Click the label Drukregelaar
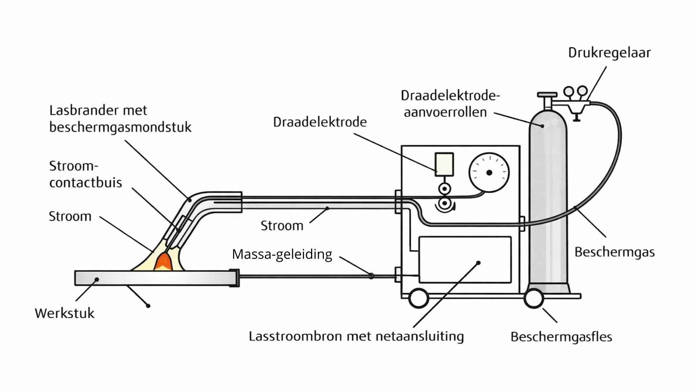click(609, 53)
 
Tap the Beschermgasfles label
click(561, 337)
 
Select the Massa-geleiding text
click(282, 254)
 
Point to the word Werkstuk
click(65, 313)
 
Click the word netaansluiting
click(420, 336)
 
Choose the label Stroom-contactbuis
click(86, 174)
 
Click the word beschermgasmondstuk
click(120, 127)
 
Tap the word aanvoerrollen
click(445, 113)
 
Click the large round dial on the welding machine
click(489, 172)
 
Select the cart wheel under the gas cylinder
click(534, 298)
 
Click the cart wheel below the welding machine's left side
click(419, 298)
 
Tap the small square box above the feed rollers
click(444, 164)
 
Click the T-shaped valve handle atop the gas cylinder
click(547, 95)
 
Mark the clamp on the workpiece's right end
click(235, 278)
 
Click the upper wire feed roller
click(444, 189)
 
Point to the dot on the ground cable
click(371, 276)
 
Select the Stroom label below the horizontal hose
click(282, 226)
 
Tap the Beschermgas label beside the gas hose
click(614, 252)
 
